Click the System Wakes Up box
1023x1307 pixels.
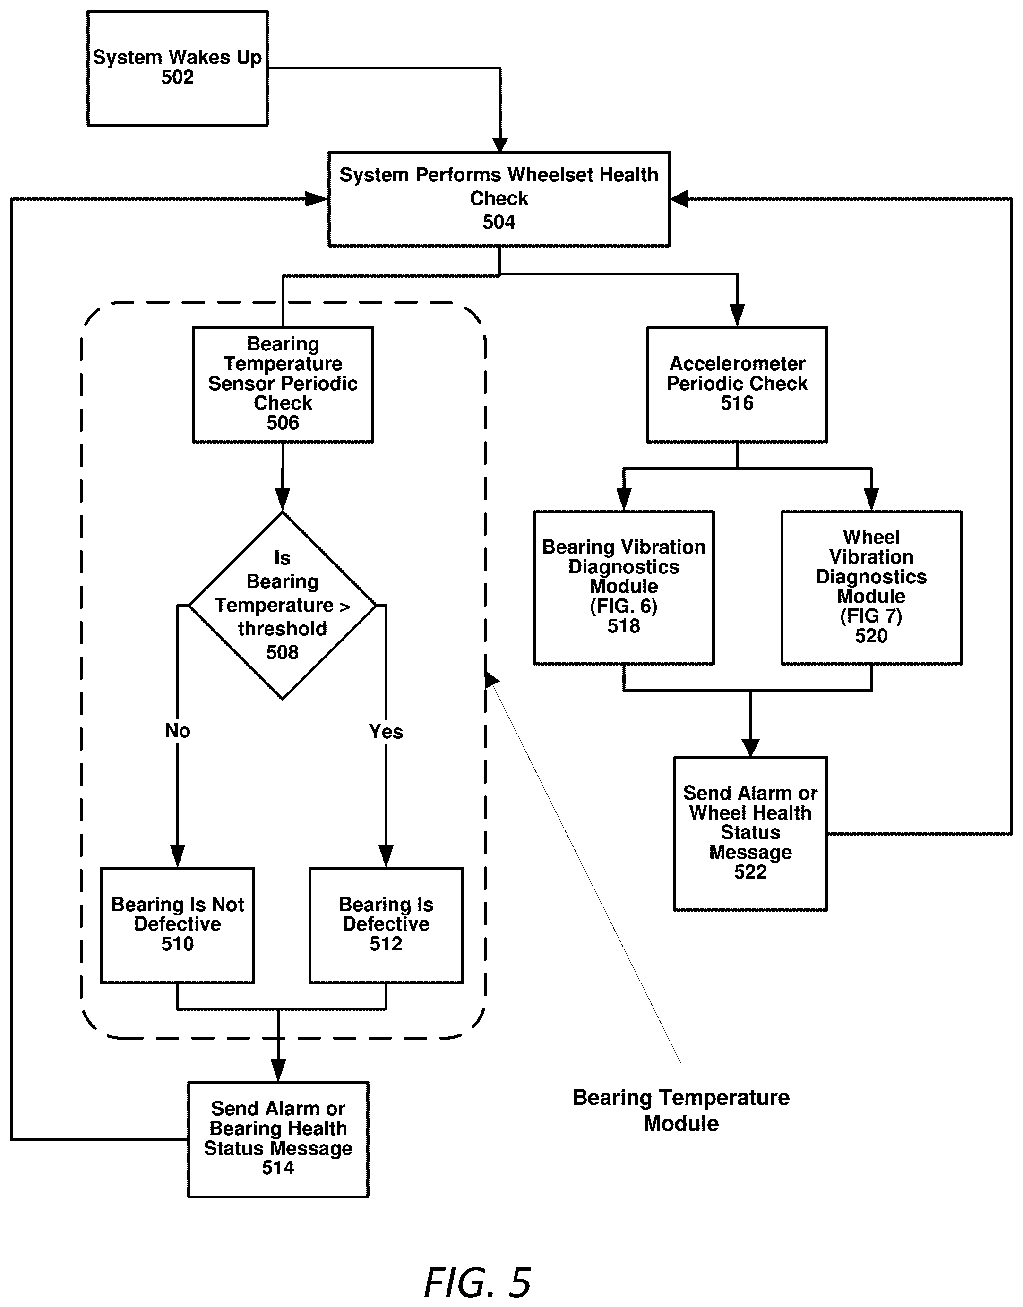click(177, 68)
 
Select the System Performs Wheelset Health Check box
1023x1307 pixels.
click(499, 199)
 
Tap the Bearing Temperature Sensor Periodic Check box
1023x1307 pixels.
click(283, 384)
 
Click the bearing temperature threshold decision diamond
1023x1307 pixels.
click(283, 605)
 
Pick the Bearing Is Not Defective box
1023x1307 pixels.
click(177, 925)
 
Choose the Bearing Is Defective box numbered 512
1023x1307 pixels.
click(386, 925)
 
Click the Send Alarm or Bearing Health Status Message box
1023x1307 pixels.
click(278, 1139)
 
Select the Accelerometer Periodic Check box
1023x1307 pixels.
click(737, 384)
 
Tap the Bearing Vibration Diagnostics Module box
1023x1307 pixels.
click(624, 587)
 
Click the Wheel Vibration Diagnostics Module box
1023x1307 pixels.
click(871, 587)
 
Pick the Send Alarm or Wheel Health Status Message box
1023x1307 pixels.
click(750, 833)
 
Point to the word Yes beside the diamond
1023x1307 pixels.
click(386, 731)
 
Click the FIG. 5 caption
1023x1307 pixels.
click(477, 1282)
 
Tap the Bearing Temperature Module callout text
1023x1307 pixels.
click(681, 1110)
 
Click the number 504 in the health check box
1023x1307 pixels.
click(499, 222)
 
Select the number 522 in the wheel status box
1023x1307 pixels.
click(750, 872)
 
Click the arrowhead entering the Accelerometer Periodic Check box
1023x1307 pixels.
click(737, 316)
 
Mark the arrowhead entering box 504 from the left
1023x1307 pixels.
click(317, 199)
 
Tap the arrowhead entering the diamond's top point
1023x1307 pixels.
click(283, 500)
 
